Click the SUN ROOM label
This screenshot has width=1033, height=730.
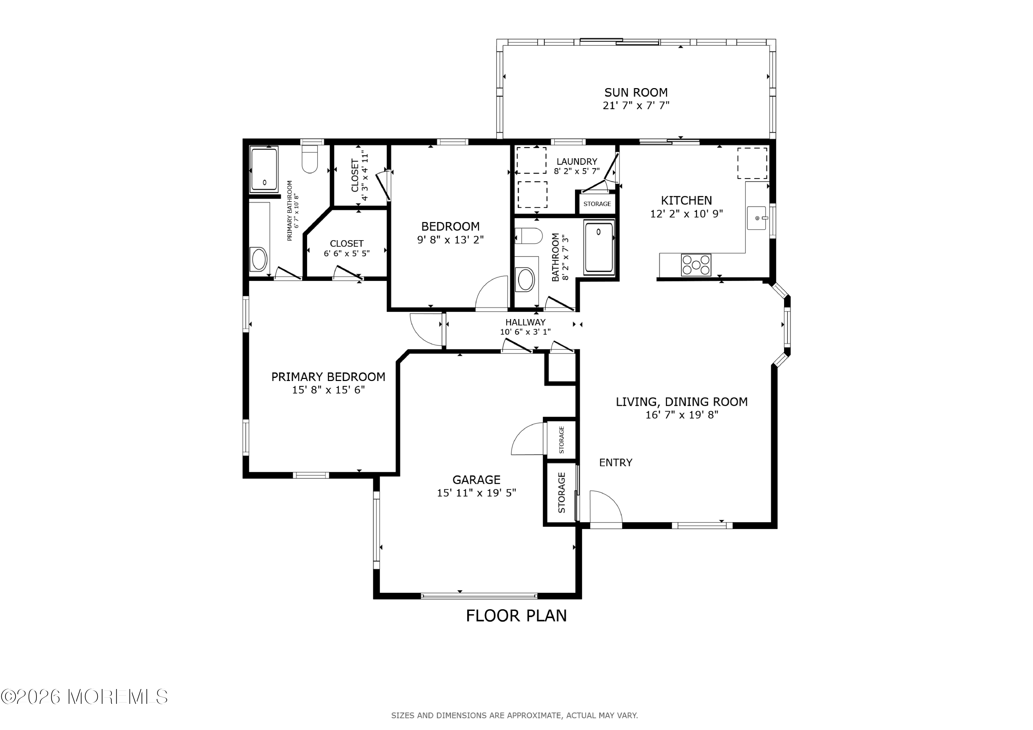coord(636,93)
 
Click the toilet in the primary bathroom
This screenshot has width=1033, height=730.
coord(310,159)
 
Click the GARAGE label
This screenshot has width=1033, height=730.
coord(477,479)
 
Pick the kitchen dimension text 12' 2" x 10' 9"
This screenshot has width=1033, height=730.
coord(686,214)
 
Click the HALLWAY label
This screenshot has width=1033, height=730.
coord(525,322)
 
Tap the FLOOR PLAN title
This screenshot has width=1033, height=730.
coord(516,616)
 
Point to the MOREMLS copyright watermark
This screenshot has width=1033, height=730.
coord(84,697)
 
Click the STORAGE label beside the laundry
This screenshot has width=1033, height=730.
coord(597,204)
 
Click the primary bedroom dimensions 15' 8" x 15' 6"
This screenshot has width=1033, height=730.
coord(328,390)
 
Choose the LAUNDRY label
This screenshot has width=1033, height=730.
coord(577,161)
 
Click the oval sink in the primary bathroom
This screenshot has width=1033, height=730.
coord(259,259)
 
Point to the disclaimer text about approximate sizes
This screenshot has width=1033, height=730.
coord(514,716)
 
